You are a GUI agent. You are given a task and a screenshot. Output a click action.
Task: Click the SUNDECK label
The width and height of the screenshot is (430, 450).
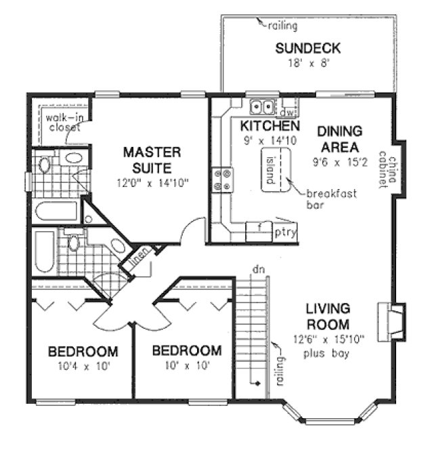(307, 49)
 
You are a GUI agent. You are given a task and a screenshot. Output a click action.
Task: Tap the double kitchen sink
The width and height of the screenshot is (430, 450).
(261, 106)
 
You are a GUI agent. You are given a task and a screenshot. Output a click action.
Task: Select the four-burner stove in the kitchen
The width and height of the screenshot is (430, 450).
(221, 179)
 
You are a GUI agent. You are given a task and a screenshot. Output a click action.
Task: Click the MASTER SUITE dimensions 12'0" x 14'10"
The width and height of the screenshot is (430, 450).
(151, 182)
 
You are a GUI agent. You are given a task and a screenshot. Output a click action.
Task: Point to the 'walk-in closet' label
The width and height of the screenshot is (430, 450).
(62, 121)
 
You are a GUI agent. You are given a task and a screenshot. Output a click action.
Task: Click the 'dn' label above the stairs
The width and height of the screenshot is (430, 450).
(257, 270)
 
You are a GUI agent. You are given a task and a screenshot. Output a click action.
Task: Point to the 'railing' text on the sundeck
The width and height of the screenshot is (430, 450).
(282, 26)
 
